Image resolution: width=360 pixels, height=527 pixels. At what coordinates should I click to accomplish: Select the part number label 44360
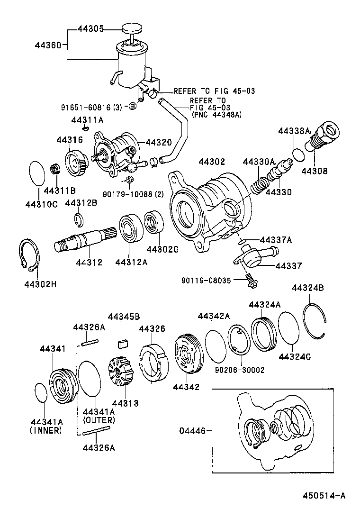click(x=48, y=45)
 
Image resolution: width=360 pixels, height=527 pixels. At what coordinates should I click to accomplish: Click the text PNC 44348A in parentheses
click(x=217, y=114)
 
